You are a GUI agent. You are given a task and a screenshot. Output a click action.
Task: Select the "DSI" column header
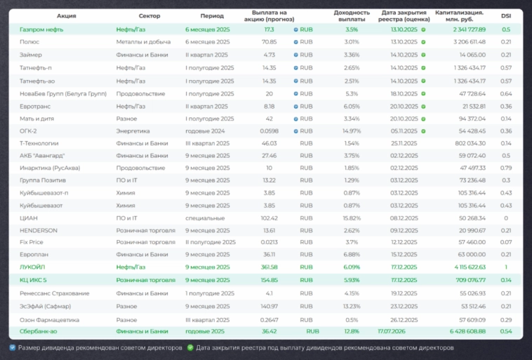[506, 15]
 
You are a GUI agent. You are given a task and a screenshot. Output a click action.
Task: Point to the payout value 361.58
[270, 267]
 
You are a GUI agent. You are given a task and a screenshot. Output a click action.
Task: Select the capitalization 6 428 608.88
[461, 331]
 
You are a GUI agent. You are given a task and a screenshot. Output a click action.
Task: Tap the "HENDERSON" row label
[38, 229]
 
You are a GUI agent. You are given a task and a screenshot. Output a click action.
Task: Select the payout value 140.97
[270, 306]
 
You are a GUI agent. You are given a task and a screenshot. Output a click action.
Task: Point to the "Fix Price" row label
[32, 241]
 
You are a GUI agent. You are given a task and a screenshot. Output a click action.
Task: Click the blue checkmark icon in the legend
[13, 347]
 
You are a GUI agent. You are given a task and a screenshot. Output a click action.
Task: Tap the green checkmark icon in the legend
[190, 347]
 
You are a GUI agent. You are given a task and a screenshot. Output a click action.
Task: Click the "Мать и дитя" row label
[35, 118]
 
